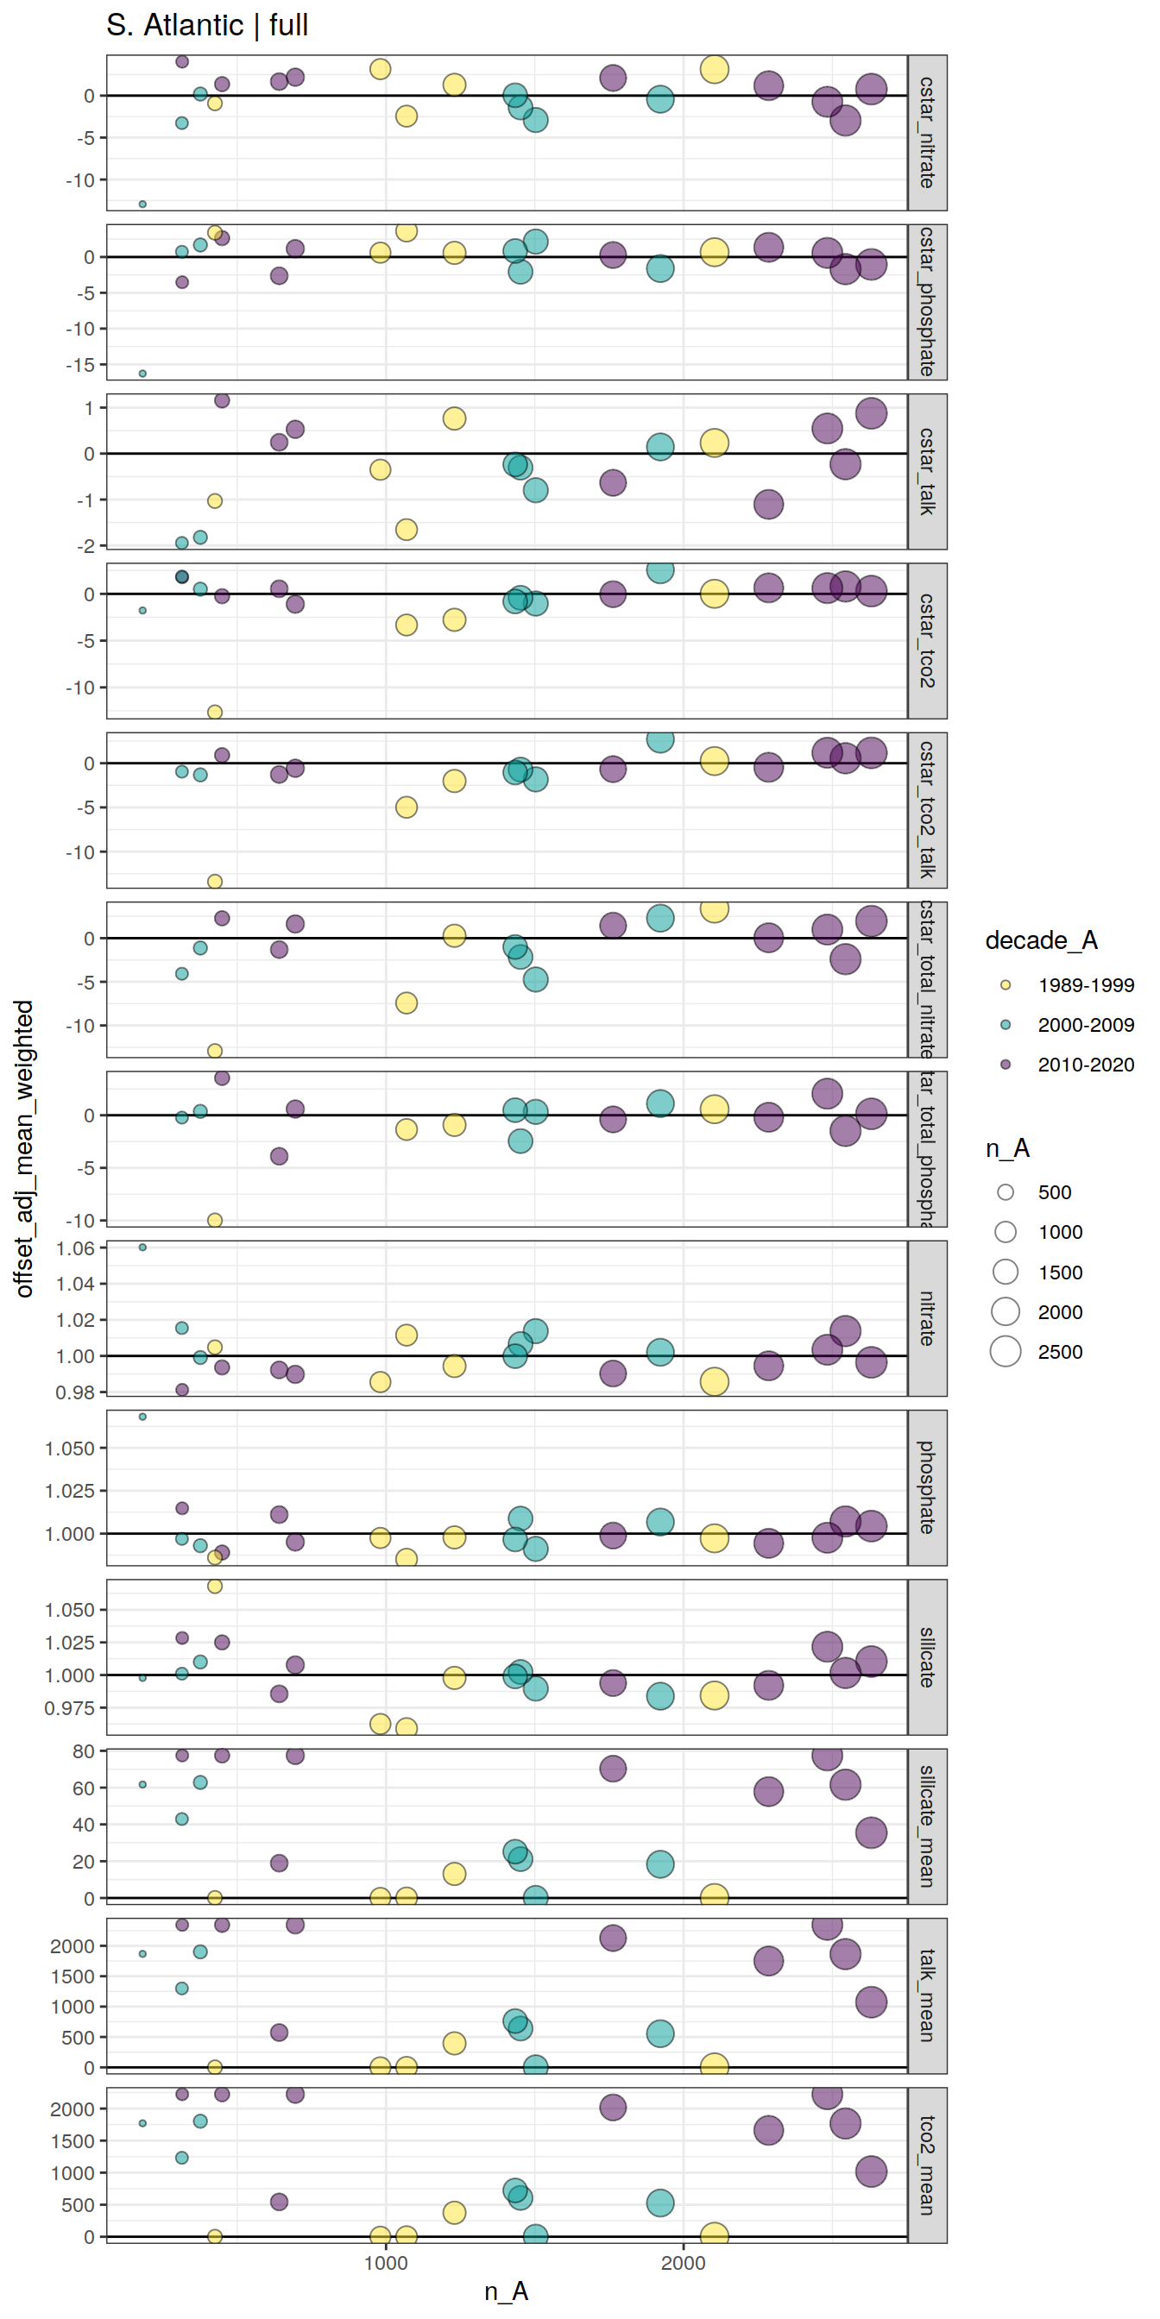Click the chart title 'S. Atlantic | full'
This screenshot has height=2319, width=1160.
(x=207, y=25)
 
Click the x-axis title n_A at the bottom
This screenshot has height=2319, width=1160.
(x=506, y=2291)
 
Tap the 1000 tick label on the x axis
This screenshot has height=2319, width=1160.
(x=386, y=2263)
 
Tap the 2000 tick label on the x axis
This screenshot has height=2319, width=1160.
(x=684, y=2263)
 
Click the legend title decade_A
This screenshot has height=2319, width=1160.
(x=1041, y=940)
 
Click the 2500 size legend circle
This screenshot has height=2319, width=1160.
(x=1006, y=1351)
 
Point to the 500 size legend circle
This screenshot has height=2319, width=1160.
(x=1006, y=1192)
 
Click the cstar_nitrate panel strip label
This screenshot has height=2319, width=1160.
(x=927, y=132)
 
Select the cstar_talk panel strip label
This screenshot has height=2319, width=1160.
(x=927, y=471)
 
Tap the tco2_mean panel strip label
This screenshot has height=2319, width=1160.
(x=927, y=2165)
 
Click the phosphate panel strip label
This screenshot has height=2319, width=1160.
(x=927, y=1487)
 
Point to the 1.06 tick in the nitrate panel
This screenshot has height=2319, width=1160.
(x=76, y=1247)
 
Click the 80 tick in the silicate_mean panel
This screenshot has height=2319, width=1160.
(x=83, y=1751)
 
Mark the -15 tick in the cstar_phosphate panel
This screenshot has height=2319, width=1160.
(x=79, y=365)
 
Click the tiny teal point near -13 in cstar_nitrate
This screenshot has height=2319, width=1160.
(x=142, y=204)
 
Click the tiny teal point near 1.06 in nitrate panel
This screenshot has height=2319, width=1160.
(x=142, y=1247)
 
